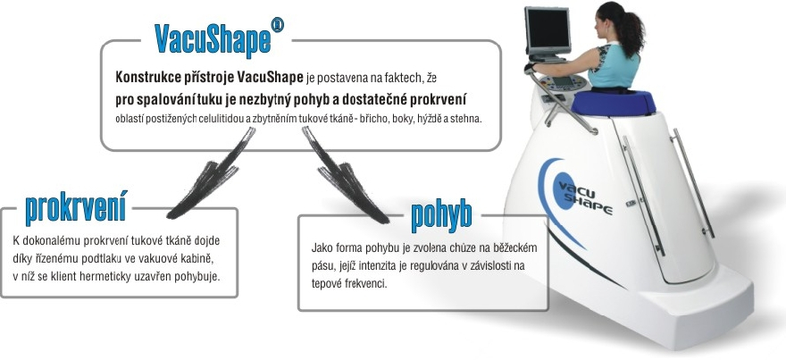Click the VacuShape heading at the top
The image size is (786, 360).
coord(213,39)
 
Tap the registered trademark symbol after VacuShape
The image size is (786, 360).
coord(277,25)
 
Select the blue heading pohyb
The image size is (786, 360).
coord(441,214)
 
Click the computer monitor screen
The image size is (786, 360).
coord(548,31)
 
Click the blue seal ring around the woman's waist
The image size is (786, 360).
coord(614,102)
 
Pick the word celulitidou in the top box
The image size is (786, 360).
coord(220,121)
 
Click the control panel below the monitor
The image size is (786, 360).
coord(564,83)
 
